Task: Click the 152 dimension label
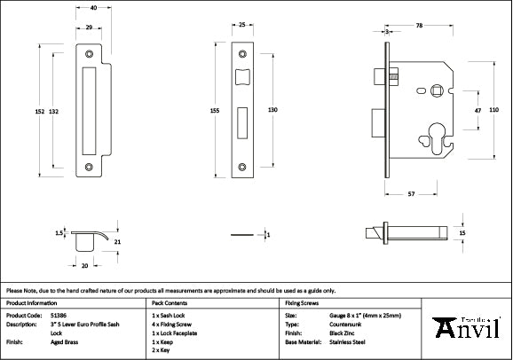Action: click(x=39, y=111)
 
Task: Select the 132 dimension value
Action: click(x=54, y=111)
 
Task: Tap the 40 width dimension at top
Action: click(x=93, y=7)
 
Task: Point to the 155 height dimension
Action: click(x=215, y=111)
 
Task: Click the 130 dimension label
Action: click(x=273, y=109)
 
